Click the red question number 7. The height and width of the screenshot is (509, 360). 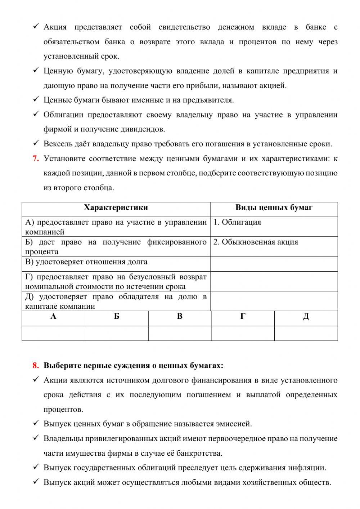[36, 158]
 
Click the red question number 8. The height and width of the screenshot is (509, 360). [36, 366]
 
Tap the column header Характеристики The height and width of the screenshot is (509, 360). [116, 208]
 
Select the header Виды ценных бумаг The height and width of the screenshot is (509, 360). [274, 208]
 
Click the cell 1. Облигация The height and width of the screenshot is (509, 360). [237, 222]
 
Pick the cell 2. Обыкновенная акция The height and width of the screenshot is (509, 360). [256, 242]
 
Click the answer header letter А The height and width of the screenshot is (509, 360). [53, 317]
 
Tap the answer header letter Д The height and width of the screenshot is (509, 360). [306, 317]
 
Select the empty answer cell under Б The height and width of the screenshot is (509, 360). [117, 333]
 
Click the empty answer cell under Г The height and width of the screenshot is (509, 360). [243, 333]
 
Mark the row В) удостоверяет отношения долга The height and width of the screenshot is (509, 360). [86, 262]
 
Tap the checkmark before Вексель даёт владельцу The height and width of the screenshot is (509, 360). [36, 143]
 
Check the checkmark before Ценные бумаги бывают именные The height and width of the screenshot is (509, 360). [36, 99]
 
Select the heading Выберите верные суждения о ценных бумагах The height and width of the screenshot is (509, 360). [133, 366]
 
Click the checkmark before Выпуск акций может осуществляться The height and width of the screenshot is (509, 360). [36, 482]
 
